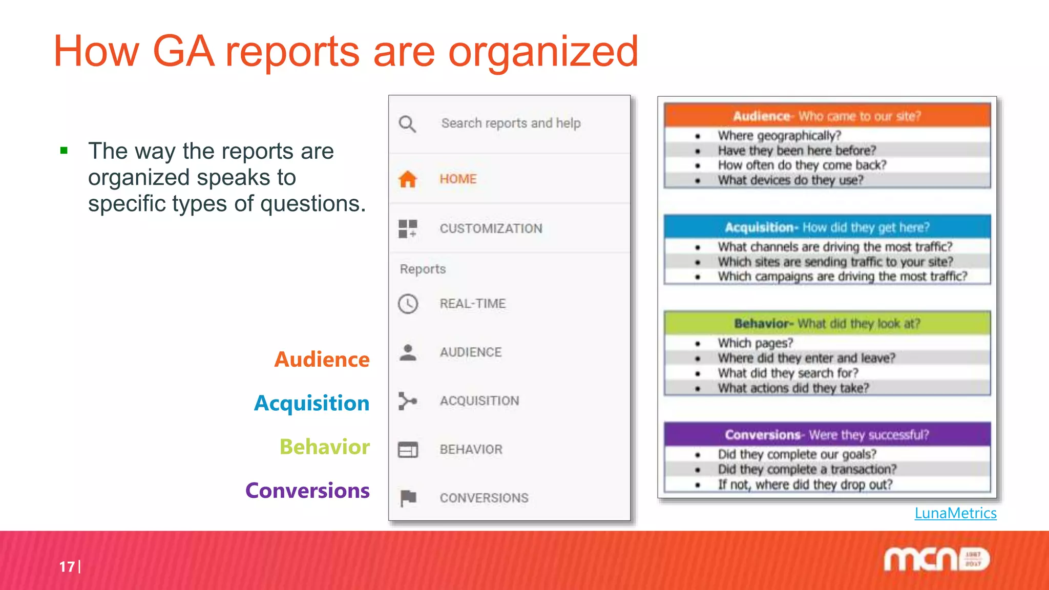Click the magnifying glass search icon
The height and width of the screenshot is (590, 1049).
click(407, 124)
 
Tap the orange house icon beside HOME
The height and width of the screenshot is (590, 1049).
click(408, 179)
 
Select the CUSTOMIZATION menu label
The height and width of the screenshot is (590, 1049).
click(491, 228)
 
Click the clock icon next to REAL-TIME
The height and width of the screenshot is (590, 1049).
click(408, 304)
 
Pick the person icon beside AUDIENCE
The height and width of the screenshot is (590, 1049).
click(408, 352)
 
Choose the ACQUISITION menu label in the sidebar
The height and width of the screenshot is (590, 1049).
click(479, 401)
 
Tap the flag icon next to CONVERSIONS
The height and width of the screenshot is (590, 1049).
click(408, 497)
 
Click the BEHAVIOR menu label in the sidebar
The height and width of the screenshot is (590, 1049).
click(471, 449)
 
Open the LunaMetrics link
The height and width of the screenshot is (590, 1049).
click(955, 513)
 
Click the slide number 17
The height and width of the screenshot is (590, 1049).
click(67, 566)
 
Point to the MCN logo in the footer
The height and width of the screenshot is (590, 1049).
click(936, 559)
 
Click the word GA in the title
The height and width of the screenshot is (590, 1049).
click(183, 51)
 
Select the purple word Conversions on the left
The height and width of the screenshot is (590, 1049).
click(307, 491)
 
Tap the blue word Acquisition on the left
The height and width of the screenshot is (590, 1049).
click(311, 403)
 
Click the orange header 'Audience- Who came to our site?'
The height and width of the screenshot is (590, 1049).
click(827, 116)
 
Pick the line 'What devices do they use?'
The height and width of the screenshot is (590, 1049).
click(790, 180)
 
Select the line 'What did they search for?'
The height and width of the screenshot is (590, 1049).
click(788, 373)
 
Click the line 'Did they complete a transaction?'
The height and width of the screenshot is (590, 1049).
click(807, 469)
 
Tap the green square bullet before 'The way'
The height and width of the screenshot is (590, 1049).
click(64, 151)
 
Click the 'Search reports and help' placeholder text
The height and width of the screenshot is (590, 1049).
click(511, 123)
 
